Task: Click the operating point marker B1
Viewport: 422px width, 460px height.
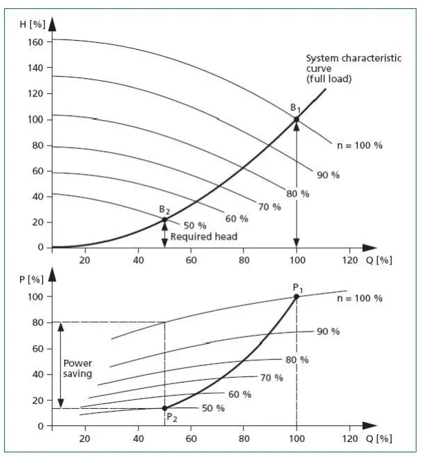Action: (x=297, y=119)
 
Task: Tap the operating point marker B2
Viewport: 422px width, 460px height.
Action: (x=164, y=220)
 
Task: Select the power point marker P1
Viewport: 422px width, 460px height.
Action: (x=297, y=296)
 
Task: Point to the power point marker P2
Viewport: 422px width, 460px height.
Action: (x=164, y=408)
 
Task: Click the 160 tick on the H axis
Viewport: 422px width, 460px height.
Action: (x=36, y=42)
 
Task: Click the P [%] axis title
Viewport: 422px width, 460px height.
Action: (x=30, y=280)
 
